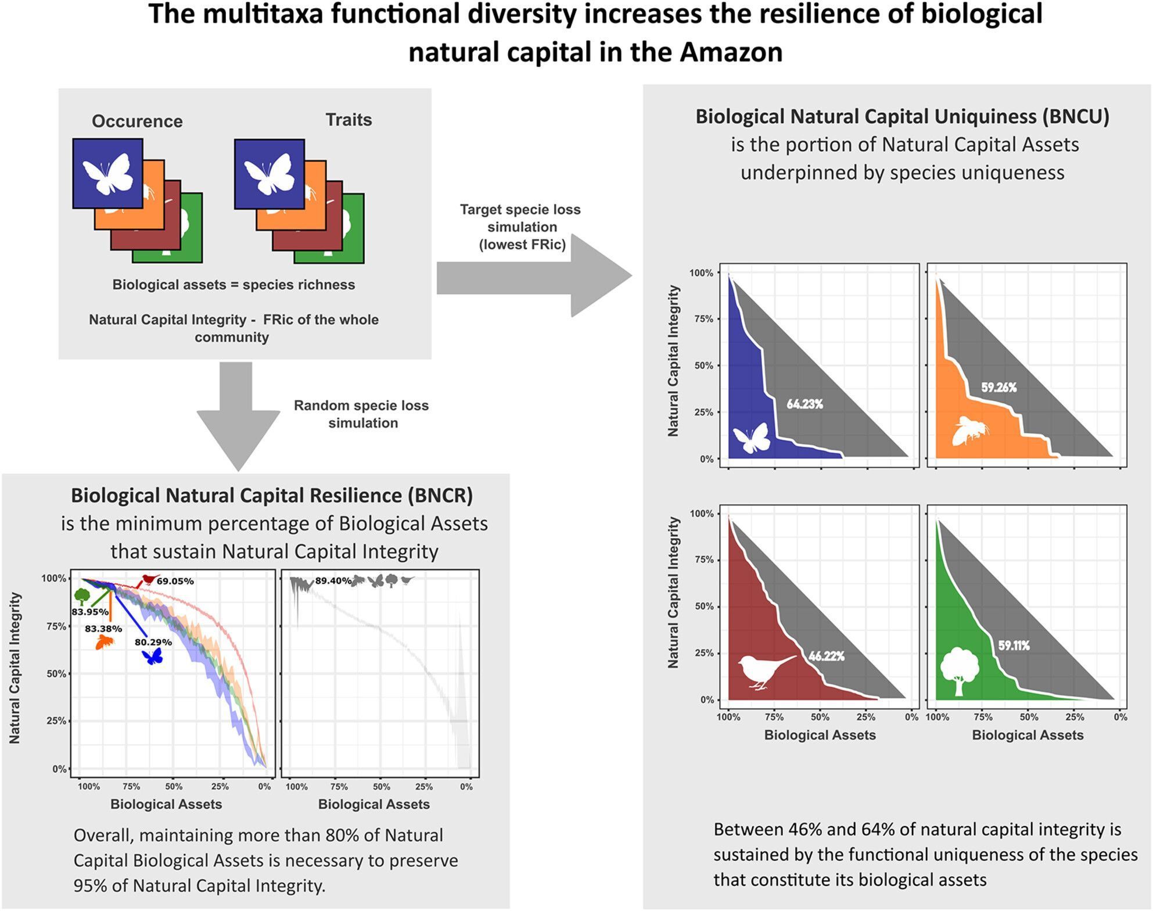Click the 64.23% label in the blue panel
804,404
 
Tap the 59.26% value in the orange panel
998,388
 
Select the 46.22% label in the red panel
826,656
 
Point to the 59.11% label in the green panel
1014,645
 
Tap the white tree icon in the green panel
959,669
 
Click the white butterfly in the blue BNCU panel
752,438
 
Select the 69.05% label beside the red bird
175,581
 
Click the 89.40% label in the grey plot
333,580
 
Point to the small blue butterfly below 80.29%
153,657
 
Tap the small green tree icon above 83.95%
82,596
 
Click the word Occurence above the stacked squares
137,121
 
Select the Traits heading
349,120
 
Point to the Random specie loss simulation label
361,414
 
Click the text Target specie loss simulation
521,227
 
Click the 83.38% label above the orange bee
103,629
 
